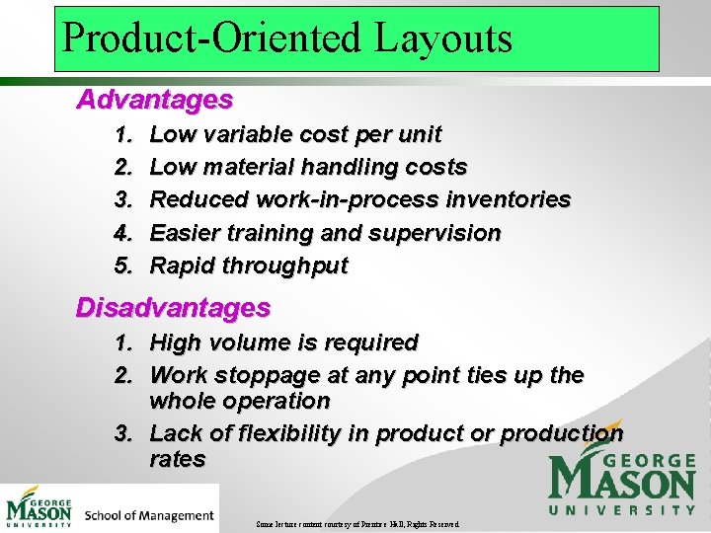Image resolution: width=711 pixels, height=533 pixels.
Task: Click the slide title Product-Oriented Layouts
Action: [x=287, y=38]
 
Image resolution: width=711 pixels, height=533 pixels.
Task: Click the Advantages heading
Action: [x=155, y=100]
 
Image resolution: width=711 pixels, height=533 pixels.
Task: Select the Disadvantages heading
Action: [x=173, y=308]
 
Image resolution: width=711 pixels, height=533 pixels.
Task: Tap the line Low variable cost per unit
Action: [x=295, y=134]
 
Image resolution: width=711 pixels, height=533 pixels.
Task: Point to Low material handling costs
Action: [x=308, y=167]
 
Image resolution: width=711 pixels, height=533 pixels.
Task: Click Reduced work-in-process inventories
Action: [x=359, y=199]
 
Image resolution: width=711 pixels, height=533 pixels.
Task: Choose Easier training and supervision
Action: [x=325, y=233]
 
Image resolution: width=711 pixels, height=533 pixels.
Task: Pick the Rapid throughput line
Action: [x=249, y=266]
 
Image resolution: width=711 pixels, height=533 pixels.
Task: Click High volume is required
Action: [x=283, y=343]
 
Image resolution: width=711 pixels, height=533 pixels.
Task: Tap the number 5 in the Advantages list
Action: [x=123, y=266]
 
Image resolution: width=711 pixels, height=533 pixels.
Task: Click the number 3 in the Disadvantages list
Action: [x=123, y=433]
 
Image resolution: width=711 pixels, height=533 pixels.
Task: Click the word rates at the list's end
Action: [x=178, y=459]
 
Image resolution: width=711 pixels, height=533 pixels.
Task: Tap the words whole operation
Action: [x=239, y=401]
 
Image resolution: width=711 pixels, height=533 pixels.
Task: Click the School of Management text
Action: [x=149, y=515]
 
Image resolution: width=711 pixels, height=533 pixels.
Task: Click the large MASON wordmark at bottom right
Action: [x=622, y=483]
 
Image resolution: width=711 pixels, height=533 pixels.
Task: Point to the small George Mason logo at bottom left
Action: [x=39, y=506]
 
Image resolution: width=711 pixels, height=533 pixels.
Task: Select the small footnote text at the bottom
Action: [x=356, y=523]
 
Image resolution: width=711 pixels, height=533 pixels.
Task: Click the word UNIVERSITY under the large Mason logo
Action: [x=622, y=510]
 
